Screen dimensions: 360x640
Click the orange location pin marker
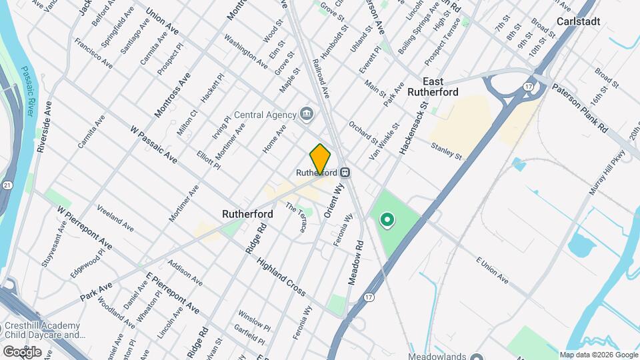[x=321, y=159]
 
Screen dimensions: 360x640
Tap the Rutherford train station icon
[x=345, y=172]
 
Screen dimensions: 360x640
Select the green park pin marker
[x=386, y=219]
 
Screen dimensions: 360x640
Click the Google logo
[x=23, y=351]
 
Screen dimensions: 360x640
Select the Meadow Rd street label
[x=355, y=263]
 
